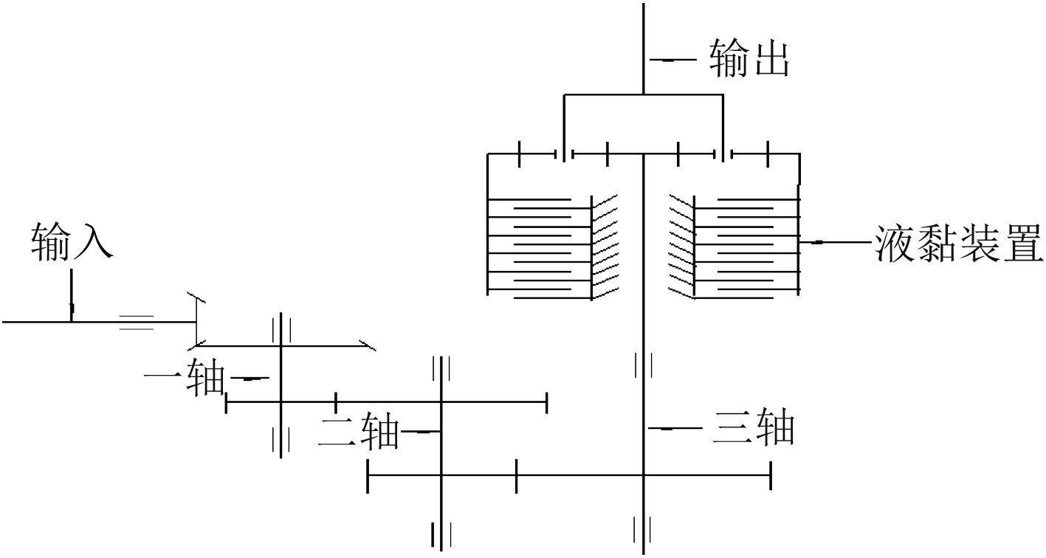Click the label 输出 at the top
point(749,60)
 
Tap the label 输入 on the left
point(72,242)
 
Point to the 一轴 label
point(184,379)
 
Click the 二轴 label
point(359,433)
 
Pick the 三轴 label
point(753,428)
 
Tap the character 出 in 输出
point(771,60)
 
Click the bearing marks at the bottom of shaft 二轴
point(441,533)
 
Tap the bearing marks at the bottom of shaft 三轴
point(643,529)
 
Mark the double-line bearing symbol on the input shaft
point(137,322)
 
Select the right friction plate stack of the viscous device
point(746,247)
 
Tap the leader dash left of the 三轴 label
point(675,428)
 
